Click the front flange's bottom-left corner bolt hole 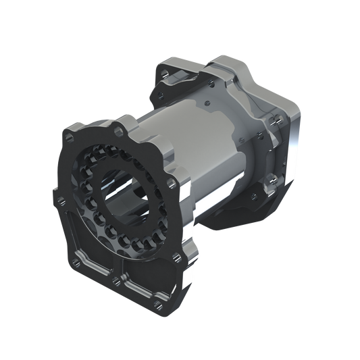coord(80,259)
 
